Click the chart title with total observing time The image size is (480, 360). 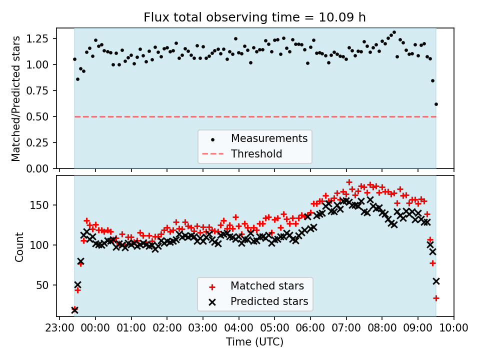tap(254, 17)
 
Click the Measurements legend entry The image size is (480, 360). tap(268, 138)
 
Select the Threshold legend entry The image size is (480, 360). tap(256, 154)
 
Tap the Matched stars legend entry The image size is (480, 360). tap(266, 286)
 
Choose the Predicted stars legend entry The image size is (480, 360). tap(269, 302)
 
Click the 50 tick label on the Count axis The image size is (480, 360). tap(46, 285)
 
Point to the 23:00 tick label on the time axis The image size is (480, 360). tap(59, 328)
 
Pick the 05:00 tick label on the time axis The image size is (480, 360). tap(274, 328)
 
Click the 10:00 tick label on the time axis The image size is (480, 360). tap(454, 328)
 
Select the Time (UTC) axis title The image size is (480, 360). tap(254, 342)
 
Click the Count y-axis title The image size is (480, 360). tap(19, 246)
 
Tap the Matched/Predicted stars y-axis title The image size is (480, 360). tap(16, 98)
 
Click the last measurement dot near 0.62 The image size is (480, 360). tap(436, 104)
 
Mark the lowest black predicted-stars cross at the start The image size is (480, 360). tap(74, 310)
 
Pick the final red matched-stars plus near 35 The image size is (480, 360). tap(436, 298)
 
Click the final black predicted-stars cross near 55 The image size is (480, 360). tap(436, 281)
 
